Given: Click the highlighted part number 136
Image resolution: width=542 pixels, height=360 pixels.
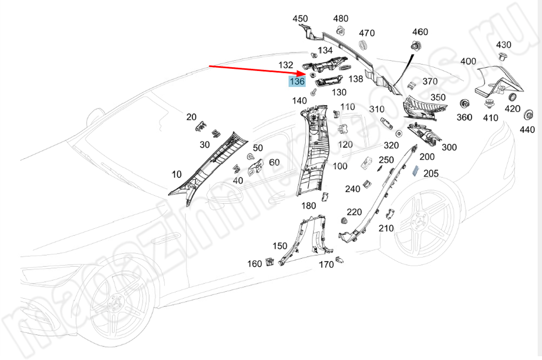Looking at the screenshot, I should [297, 82].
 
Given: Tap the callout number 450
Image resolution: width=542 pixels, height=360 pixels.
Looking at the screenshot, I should [300, 19].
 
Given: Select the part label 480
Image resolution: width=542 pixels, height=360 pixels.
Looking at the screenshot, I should [340, 19].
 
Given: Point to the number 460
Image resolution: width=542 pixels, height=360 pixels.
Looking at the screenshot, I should [420, 32].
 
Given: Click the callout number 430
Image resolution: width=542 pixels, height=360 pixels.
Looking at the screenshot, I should [504, 44].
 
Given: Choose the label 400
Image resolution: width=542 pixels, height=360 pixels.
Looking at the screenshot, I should [468, 61].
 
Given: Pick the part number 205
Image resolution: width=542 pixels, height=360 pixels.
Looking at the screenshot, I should [431, 173].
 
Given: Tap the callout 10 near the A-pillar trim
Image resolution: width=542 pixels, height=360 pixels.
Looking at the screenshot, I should [177, 175].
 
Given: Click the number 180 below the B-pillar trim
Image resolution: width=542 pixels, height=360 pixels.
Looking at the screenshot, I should [308, 205].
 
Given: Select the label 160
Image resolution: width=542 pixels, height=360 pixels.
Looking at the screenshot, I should [255, 264].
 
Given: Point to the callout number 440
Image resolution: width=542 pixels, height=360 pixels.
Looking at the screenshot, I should [527, 130].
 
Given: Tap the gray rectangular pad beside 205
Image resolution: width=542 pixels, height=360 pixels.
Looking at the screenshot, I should [415, 172].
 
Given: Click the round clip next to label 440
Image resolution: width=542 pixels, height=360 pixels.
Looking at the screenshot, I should [527, 114].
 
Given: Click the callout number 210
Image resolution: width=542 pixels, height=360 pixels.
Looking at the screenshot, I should [386, 228].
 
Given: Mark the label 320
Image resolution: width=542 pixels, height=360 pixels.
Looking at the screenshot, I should [391, 146].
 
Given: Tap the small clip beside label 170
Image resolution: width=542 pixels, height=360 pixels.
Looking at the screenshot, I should [339, 259].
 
